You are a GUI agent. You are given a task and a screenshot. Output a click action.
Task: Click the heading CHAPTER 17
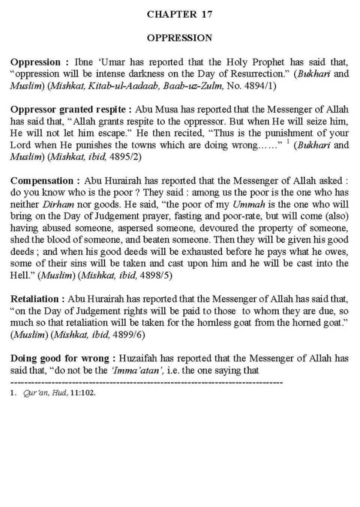point(180,14)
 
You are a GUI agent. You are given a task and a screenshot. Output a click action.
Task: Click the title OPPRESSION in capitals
point(180,38)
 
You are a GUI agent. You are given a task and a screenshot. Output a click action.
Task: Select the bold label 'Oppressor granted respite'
point(68,109)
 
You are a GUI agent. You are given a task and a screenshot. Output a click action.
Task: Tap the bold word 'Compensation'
point(42,181)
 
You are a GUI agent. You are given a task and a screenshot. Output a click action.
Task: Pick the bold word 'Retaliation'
point(35,299)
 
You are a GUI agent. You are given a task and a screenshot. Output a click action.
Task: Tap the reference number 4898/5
point(156,275)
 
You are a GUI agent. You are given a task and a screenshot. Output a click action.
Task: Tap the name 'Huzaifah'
point(136,358)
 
